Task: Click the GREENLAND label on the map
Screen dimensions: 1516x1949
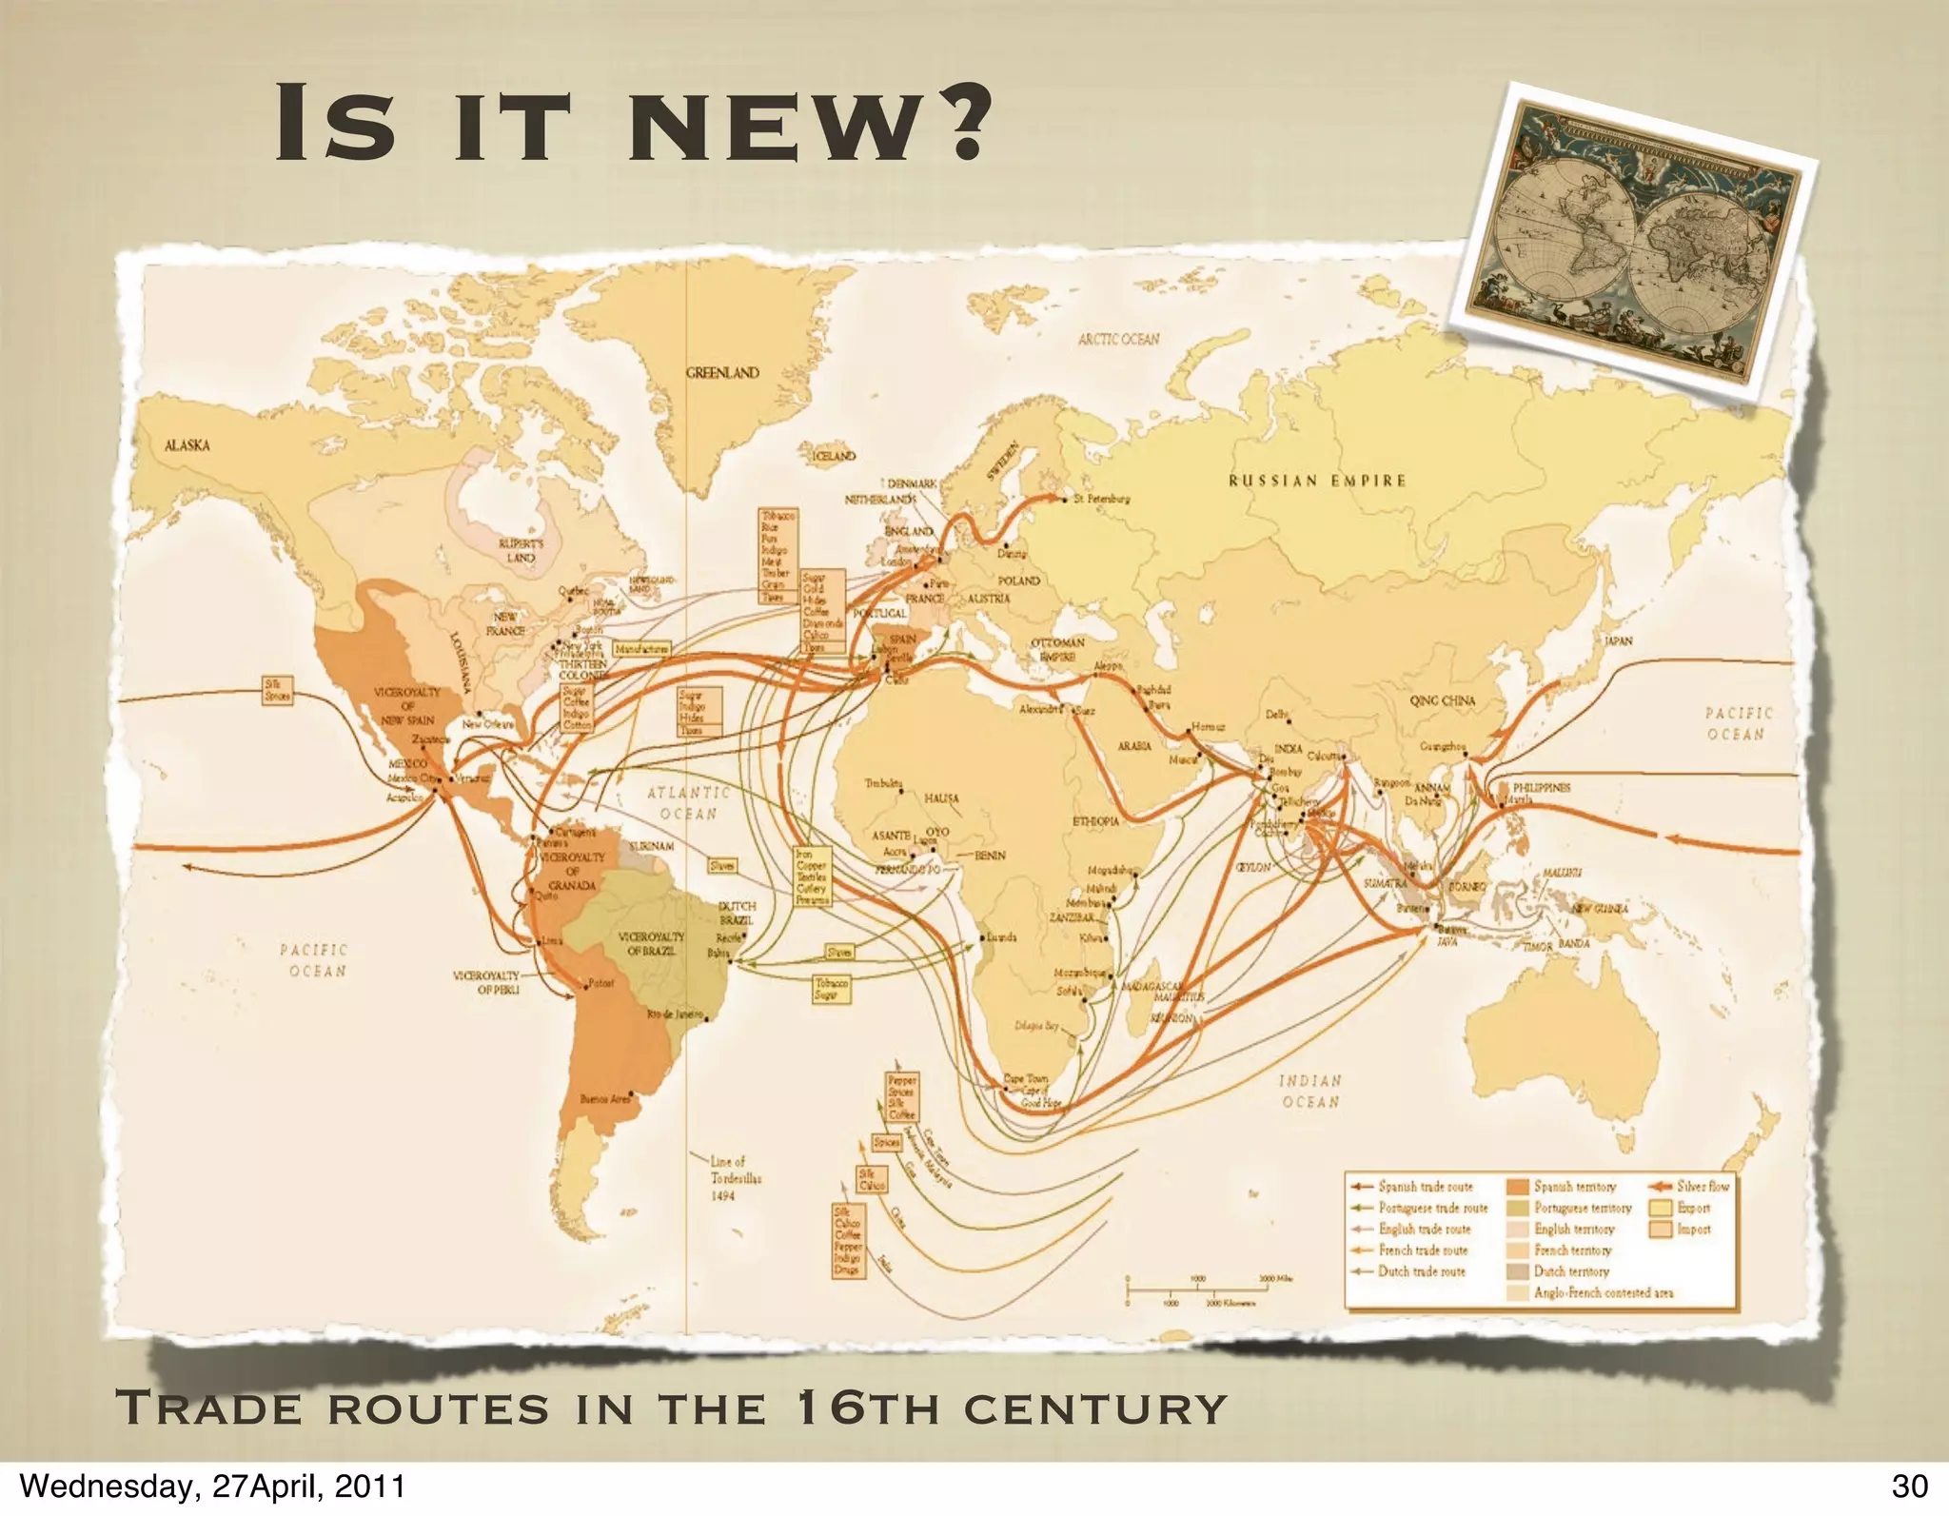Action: (723, 373)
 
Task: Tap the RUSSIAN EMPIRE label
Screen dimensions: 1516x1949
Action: (1316, 481)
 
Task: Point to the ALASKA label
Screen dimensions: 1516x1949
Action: (187, 446)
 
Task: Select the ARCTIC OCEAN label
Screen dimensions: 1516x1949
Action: (1118, 340)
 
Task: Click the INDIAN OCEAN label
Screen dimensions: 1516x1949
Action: (1310, 1092)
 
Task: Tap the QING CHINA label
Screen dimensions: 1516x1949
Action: (1442, 700)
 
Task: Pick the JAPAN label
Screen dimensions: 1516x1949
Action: (1618, 641)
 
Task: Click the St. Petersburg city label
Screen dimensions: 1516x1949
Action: (1101, 499)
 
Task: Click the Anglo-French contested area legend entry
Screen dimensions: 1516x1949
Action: (1603, 1292)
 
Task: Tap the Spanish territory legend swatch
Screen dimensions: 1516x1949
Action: (1517, 1188)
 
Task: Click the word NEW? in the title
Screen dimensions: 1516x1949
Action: (805, 123)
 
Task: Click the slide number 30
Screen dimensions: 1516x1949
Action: (1909, 1486)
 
